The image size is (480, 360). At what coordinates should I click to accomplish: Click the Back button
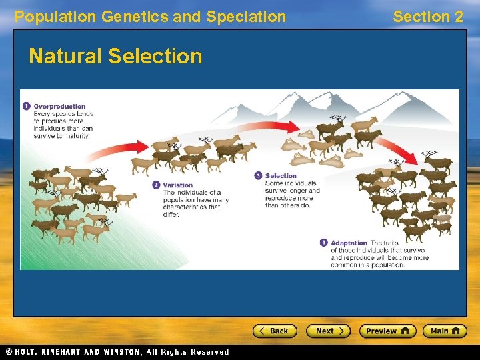[275, 331]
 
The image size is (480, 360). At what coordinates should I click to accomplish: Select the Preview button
[387, 331]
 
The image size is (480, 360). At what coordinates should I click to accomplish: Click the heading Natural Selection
[115, 56]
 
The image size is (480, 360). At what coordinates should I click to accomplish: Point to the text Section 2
[427, 17]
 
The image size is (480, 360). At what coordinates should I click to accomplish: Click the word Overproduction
[60, 107]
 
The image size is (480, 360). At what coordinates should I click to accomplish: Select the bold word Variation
[178, 185]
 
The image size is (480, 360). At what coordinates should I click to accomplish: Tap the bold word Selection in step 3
[281, 176]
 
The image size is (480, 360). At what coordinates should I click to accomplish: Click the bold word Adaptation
[349, 243]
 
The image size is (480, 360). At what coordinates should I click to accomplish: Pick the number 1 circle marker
[26, 106]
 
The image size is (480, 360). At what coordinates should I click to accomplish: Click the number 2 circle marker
[156, 185]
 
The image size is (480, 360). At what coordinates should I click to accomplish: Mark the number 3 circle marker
[259, 176]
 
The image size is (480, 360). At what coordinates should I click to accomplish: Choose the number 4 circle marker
[324, 243]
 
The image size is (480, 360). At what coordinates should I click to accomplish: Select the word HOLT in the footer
[29, 352]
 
